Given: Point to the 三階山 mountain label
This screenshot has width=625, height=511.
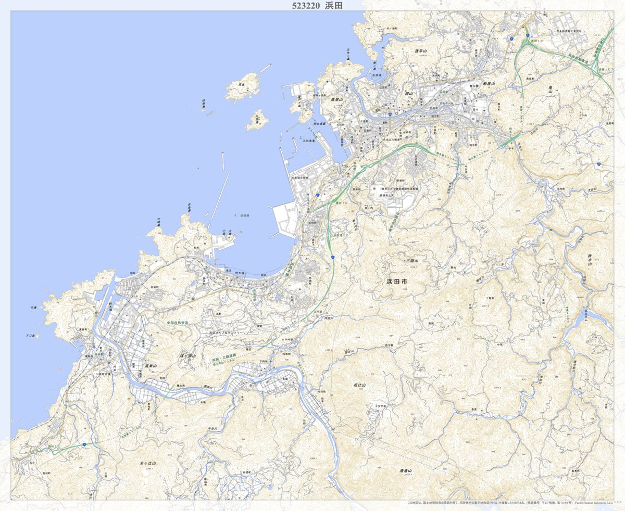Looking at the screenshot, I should click(412, 261).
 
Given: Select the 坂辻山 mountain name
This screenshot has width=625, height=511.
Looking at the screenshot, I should click(360, 385).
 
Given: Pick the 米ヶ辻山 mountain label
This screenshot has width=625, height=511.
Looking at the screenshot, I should click(148, 463).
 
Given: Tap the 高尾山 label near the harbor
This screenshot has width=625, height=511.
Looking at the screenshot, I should click(335, 99).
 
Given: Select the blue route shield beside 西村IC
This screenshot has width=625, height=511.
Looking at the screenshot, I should click(84, 445).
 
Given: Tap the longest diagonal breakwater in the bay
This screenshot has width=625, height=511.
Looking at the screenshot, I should click(219, 197).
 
